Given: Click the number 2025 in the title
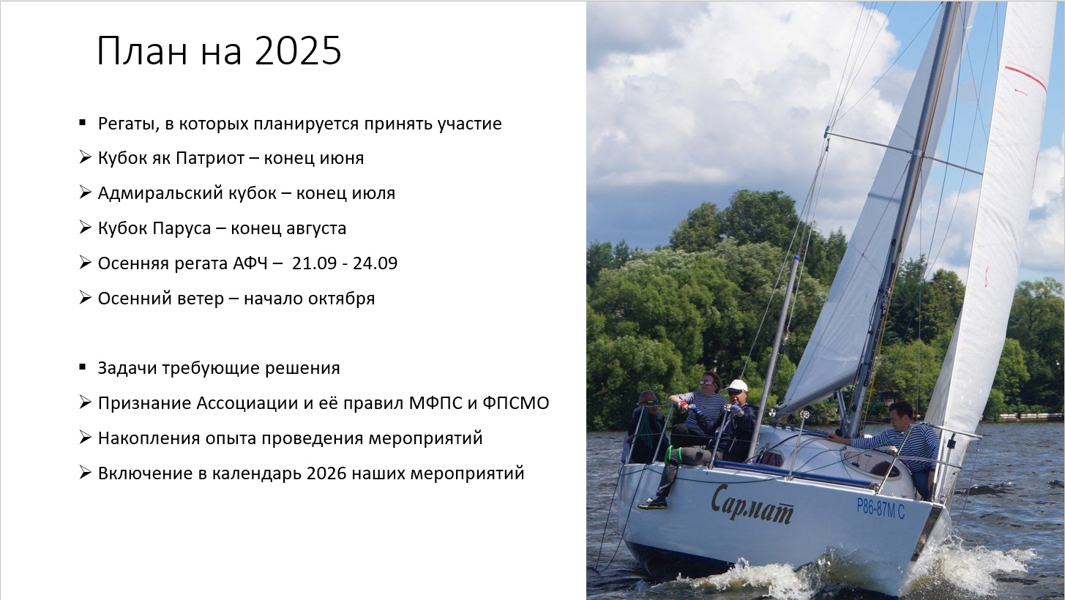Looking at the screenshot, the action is (298, 50).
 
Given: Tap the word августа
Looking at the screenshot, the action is (316, 229).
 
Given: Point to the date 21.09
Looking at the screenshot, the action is (314, 263).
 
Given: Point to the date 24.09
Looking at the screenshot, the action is (375, 263).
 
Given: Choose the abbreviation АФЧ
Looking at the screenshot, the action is (250, 263).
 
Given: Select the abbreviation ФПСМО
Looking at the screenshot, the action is (516, 403).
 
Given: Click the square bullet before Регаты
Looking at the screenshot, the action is (83, 123).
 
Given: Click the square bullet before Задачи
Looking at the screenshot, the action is (83, 367).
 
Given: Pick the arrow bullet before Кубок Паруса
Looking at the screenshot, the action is (85, 228).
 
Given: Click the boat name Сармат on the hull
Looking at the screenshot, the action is (752, 505).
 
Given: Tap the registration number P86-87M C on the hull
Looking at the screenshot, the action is (881, 509).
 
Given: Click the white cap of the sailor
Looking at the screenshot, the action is (736, 386).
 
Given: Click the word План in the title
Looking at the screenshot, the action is (142, 50).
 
